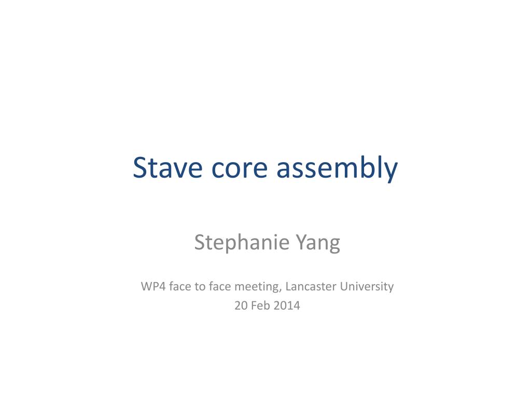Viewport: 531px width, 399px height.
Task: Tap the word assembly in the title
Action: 337,167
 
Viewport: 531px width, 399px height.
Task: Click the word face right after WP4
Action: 180,286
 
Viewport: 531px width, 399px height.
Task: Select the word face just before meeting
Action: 220,286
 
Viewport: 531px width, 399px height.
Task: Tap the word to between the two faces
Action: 200,286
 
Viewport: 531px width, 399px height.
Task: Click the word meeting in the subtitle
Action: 257,286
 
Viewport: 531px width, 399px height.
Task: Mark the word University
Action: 367,286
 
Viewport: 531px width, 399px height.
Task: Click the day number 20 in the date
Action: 241,305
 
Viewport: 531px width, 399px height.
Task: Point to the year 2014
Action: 287,305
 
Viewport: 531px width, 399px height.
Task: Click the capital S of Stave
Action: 139,167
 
